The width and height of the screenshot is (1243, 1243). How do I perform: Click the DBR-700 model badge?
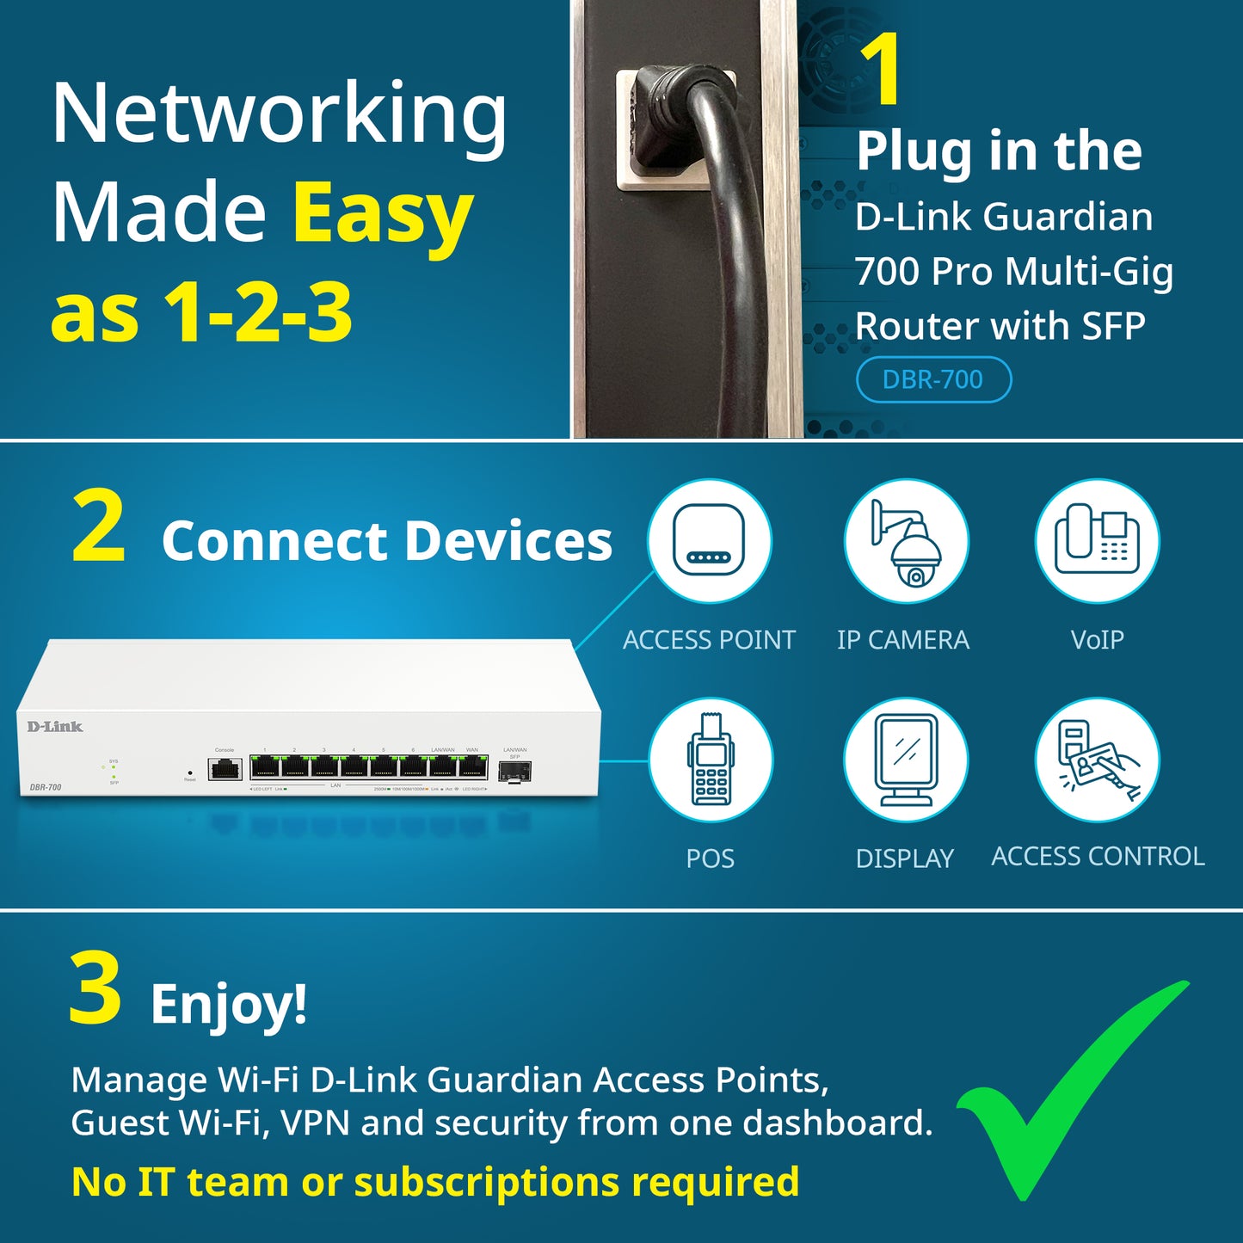tap(933, 379)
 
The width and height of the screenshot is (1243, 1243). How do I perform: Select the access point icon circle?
tap(709, 541)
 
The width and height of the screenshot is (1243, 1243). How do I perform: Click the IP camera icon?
tap(906, 541)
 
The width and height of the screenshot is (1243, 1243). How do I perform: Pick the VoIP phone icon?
tap(1097, 541)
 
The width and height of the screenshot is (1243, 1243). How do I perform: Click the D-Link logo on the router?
tap(55, 727)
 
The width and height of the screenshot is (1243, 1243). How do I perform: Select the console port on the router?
tap(225, 769)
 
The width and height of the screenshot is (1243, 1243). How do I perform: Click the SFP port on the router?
tap(514, 771)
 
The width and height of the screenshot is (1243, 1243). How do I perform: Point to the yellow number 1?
tap(880, 69)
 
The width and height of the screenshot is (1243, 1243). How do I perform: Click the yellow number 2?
tap(99, 526)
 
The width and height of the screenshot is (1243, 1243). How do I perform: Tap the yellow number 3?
tap(95, 989)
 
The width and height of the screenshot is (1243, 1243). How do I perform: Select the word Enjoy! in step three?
tap(228, 1003)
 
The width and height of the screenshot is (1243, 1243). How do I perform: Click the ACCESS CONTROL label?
tap(1098, 857)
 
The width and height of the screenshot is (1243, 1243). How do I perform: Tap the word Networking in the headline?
tap(280, 114)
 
